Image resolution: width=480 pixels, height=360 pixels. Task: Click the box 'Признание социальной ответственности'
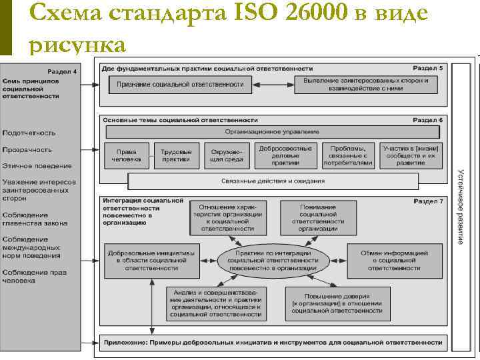(180, 85)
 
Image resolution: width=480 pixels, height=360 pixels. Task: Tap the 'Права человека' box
(127, 155)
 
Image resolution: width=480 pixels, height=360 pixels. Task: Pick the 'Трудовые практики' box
(176, 155)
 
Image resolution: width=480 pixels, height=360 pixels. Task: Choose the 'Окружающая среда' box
(223, 155)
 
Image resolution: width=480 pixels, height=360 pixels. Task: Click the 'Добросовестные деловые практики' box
(285, 155)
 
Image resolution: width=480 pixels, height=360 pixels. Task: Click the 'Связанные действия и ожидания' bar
(273, 181)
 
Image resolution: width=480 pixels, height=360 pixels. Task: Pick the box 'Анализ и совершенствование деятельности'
(216, 303)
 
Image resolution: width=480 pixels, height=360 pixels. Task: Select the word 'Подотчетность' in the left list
(29, 133)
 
